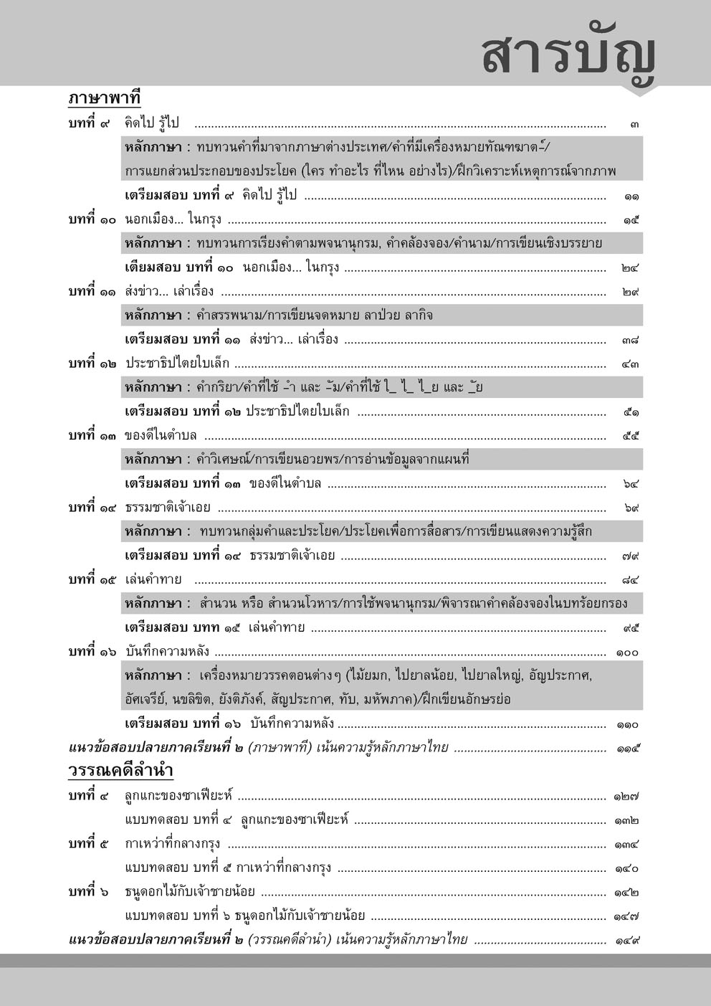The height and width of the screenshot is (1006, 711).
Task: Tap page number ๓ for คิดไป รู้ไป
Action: pos(634,123)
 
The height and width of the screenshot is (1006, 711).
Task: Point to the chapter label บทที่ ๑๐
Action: pos(92,219)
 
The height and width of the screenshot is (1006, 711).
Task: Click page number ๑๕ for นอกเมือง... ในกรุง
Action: pos(631,220)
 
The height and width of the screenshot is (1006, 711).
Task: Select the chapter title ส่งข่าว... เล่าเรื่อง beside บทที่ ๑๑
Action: pos(169,292)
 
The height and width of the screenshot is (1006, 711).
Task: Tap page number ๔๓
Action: pos(631,364)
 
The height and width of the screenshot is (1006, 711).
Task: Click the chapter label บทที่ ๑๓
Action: pos(92,435)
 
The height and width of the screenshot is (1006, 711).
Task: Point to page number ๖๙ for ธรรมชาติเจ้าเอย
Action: pos(631,508)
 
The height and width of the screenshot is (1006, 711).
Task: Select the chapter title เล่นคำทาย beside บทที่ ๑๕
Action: pos(153,579)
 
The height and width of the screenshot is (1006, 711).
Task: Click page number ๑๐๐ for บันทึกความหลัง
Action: pos(627,653)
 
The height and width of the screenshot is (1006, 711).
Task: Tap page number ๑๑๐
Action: pos(627,724)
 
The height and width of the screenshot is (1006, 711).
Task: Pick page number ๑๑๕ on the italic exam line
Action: pos(627,749)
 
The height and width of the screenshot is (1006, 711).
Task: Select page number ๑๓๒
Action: pos(626,820)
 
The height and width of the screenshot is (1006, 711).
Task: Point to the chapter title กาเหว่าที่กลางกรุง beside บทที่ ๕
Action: pos(172,844)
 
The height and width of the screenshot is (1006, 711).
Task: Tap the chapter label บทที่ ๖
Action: pos(89,893)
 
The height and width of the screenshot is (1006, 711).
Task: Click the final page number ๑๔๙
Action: pos(626,940)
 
